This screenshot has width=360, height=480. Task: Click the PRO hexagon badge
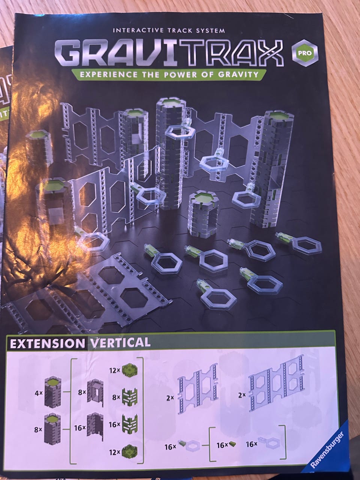pos(304,53)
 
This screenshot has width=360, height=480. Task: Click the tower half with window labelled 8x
pos(95,393)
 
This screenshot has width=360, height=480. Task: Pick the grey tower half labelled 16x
pos(95,428)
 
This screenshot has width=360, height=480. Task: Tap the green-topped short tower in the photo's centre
pos(204,214)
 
